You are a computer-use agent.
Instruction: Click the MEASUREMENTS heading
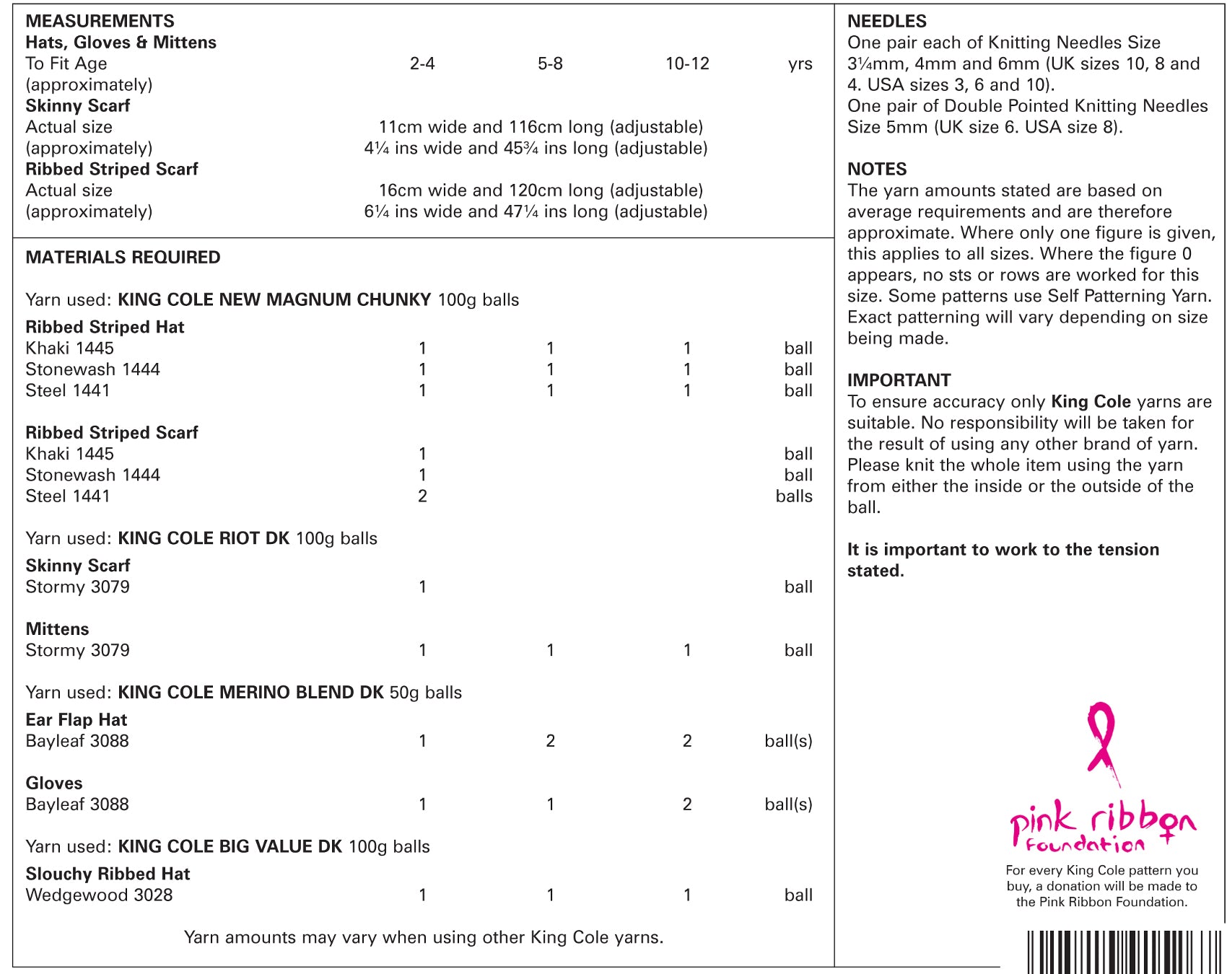[100, 21]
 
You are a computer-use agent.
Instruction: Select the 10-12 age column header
[687, 63]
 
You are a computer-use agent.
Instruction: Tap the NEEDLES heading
[886, 21]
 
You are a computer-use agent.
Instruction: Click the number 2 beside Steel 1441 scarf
[422, 496]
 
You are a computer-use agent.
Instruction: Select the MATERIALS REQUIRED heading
[123, 258]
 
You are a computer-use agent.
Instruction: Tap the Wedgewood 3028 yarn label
[99, 895]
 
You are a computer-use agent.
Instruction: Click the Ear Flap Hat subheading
[76, 720]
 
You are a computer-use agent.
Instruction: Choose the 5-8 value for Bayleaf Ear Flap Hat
[550, 741]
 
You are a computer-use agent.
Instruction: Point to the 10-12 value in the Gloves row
[687, 804]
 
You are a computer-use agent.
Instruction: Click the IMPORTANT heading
[899, 380]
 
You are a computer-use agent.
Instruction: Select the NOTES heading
[876, 169]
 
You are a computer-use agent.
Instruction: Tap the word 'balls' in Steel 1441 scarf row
[793, 496]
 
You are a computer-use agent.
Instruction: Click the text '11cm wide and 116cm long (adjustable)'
[541, 127]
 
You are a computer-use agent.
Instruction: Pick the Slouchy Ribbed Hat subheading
[108, 874]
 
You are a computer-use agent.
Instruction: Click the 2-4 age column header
[422, 63]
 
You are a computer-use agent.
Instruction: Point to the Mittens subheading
[57, 629]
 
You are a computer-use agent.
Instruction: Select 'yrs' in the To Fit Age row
[800, 63]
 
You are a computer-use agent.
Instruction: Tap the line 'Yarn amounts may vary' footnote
[423, 937]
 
